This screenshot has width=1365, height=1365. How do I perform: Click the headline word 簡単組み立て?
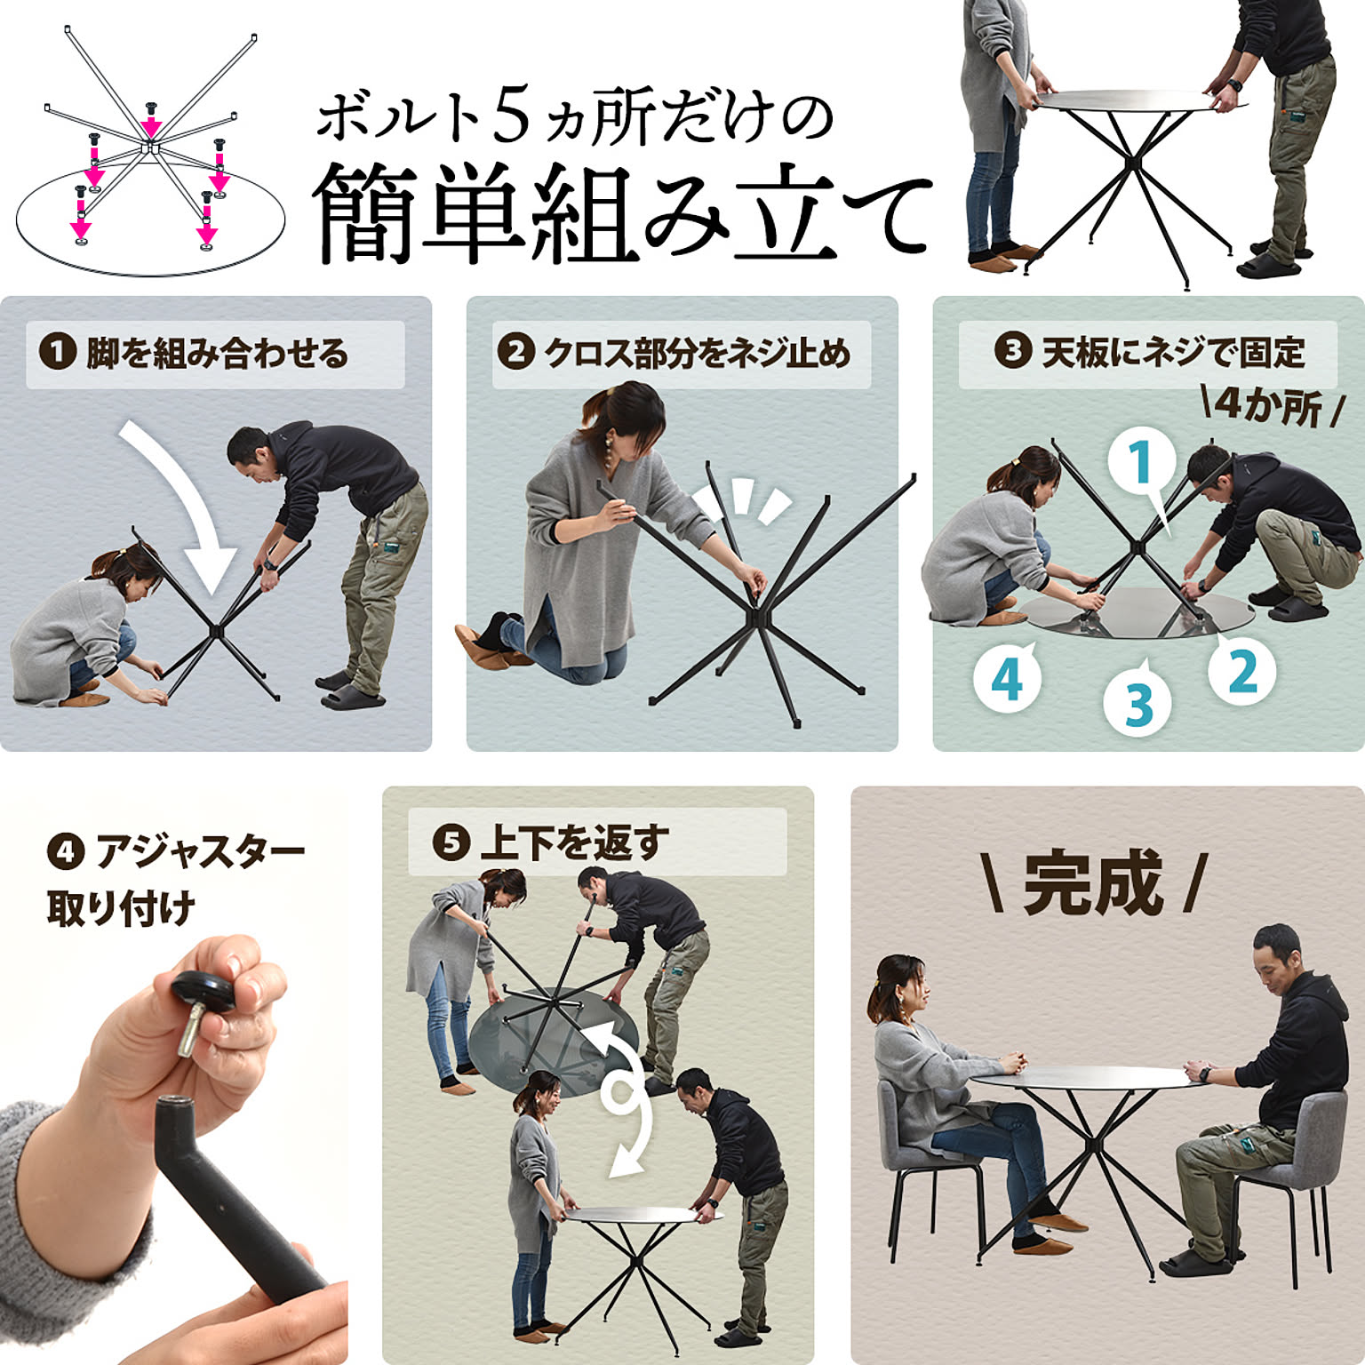tap(622, 213)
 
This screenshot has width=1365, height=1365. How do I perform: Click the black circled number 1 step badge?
tap(57, 352)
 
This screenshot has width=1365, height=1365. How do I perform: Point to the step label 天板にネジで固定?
tap(1173, 353)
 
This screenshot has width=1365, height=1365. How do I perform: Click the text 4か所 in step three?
tap(1269, 407)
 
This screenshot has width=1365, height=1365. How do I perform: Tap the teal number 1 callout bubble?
tap(1142, 464)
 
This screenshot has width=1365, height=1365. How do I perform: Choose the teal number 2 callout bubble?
tap(1242, 672)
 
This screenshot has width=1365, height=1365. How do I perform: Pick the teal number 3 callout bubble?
tap(1138, 704)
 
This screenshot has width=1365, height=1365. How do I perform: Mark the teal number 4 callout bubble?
tap(1007, 679)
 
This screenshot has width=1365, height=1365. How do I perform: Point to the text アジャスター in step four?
tap(200, 852)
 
